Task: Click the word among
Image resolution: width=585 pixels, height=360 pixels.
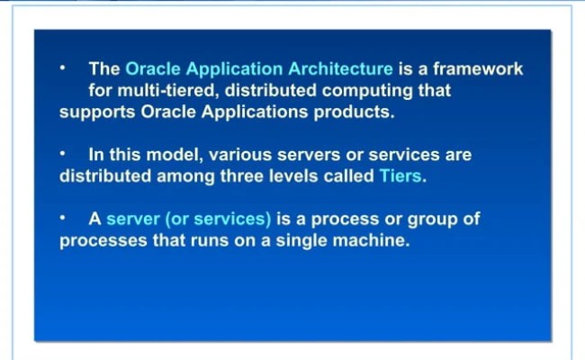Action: pos(182,176)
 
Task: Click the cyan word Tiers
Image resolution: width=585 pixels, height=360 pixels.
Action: pos(399,176)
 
